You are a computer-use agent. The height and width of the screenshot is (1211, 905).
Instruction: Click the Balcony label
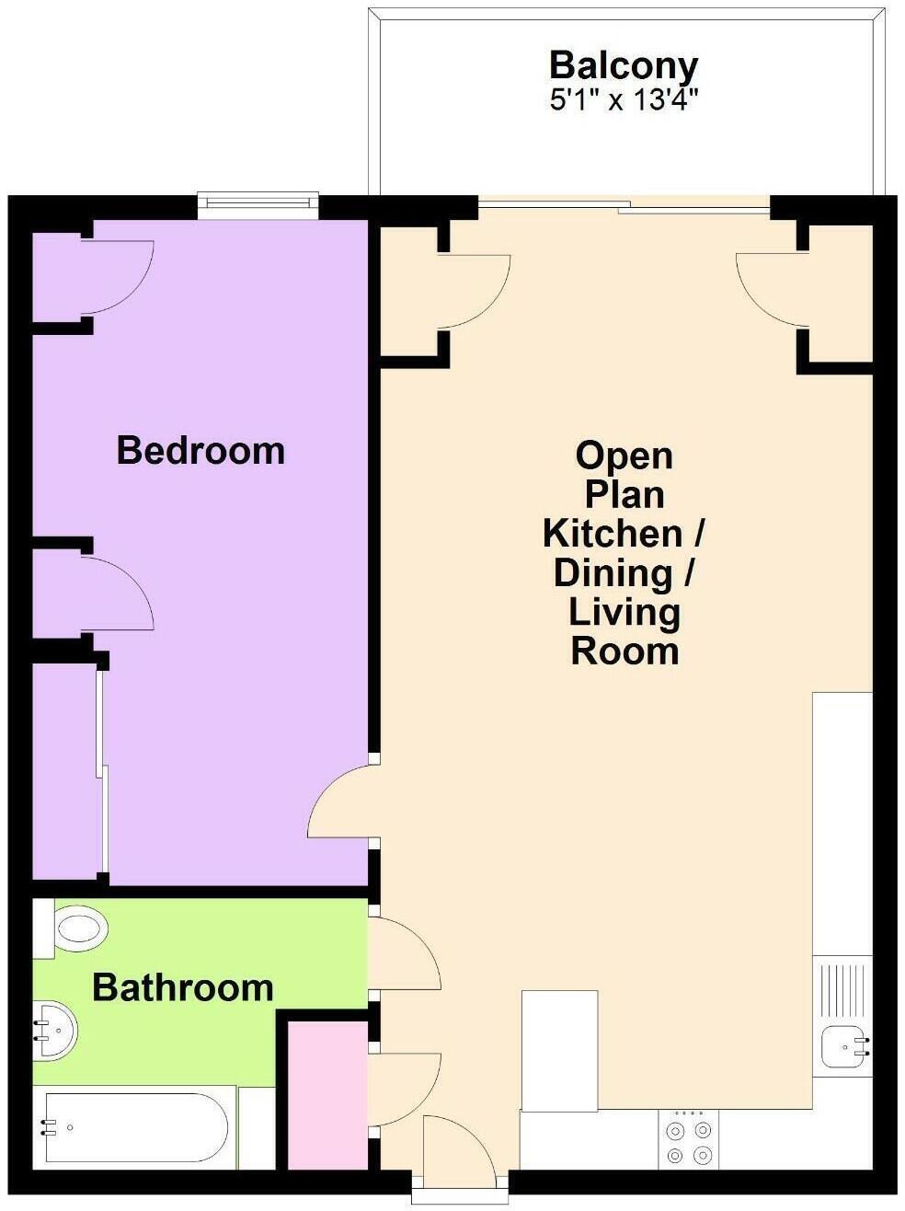pyautogui.click(x=623, y=66)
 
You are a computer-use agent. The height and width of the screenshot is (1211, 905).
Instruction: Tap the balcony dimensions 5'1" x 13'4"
pyautogui.click(x=623, y=99)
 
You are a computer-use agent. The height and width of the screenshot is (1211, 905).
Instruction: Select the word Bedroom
pyautogui.click(x=200, y=451)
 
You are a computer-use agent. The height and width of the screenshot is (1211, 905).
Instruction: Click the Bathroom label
pyautogui.click(x=183, y=988)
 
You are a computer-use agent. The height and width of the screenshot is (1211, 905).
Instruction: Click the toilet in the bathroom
pyautogui.click(x=77, y=929)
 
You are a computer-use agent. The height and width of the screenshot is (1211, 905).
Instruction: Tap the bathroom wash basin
pyautogui.click(x=55, y=1030)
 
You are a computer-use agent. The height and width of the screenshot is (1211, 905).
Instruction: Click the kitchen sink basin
pyautogui.click(x=843, y=1045)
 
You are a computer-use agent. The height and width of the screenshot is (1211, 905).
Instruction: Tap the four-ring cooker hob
pyautogui.click(x=690, y=1142)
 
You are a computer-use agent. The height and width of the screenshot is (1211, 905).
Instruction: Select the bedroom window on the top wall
pyautogui.click(x=258, y=204)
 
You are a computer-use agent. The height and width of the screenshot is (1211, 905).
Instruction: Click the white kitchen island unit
pyautogui.click(x=559, y=1049)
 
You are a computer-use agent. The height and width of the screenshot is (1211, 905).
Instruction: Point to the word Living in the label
pyautogui.click(x=624, y=612)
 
